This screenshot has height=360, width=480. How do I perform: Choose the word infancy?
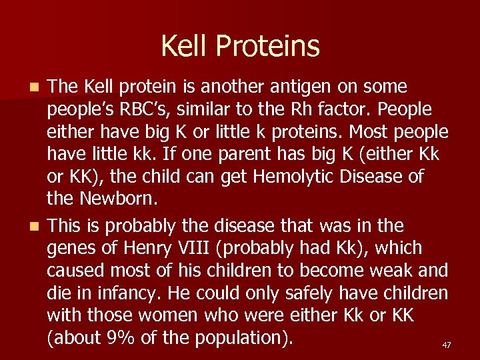135,293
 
